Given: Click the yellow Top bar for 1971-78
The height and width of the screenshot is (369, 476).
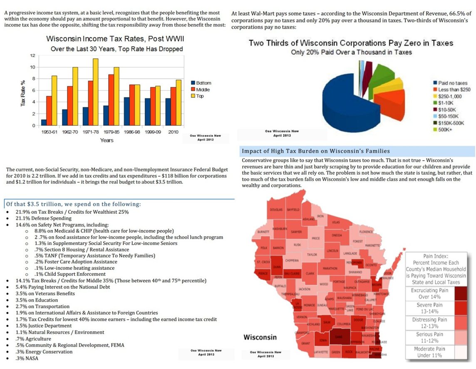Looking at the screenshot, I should tap(95, 92).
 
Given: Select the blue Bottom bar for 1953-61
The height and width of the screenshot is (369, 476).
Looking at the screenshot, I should tap(44, 122).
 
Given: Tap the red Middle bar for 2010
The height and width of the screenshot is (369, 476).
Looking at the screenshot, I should tap(173, 106).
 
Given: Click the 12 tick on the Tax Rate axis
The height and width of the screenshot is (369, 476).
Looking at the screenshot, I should tap(32, 55).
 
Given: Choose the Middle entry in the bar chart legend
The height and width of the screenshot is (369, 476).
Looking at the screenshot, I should tap(202, 90).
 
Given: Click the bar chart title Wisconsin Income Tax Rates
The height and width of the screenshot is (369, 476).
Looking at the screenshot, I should tap(115, 39).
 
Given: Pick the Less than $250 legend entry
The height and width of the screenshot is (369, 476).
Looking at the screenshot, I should tap(454, 90).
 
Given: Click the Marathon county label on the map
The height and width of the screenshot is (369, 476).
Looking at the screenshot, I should tap(330, 268).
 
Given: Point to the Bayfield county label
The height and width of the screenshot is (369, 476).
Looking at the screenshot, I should tap(293, 210).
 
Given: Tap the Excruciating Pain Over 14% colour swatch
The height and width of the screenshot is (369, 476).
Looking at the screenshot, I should tap(461, 294).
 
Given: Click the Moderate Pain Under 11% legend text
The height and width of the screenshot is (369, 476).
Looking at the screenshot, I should tap(429, 352).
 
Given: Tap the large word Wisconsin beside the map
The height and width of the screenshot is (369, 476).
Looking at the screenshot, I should tap(260, 337).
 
